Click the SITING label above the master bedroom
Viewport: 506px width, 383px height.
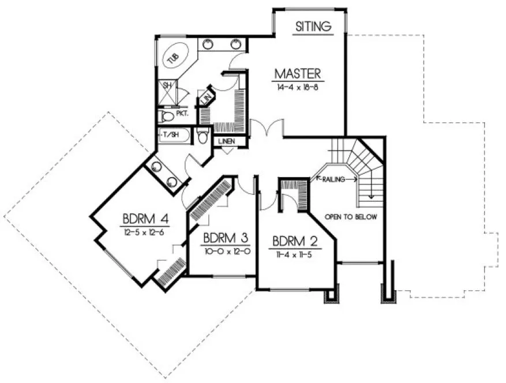[x=313, y=26]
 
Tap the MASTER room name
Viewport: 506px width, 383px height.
[x=297, y=73]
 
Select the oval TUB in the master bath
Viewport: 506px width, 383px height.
[x=173, y=57]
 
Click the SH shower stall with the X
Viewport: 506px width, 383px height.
[x=167, y=93]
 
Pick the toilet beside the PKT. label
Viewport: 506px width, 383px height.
[x=166, y=117]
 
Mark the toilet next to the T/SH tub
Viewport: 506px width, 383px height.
[x=203, y=137]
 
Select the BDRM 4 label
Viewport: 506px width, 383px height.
[x=145, y=219]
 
